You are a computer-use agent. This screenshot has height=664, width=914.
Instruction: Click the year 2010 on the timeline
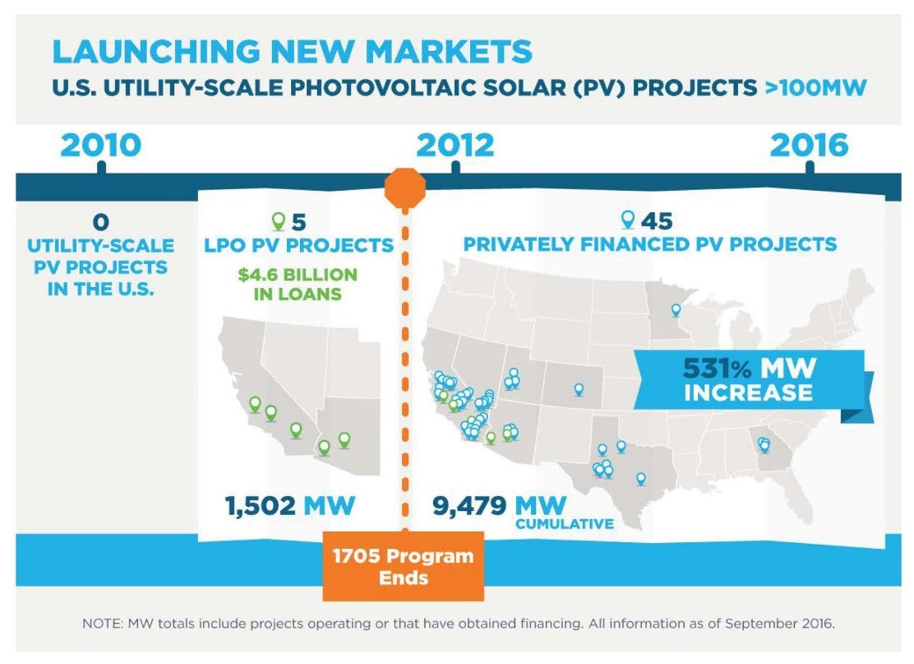coord(100,146)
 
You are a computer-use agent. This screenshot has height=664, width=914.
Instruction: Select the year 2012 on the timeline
coord(455,146)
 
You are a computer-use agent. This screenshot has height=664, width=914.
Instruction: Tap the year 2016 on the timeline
coord(809,146)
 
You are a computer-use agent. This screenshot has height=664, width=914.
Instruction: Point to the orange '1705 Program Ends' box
coord(403,565)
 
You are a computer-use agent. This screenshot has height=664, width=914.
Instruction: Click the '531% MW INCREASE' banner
coord(748,378)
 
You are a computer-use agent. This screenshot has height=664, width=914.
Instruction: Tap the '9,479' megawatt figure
coord(470,505)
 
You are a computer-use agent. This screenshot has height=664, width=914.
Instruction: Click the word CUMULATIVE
coord(564,524)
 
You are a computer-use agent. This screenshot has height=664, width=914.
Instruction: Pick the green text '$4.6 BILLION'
coord(298,275)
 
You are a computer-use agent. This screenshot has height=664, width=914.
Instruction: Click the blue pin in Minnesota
coord(676,310)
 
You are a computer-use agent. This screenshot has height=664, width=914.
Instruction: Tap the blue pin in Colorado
coord(579,388)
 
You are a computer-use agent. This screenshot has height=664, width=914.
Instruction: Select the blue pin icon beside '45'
coord(628,220)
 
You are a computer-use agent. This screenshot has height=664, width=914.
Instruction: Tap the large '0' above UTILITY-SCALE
coord(100,221)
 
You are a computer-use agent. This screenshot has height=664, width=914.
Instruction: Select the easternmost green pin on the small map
coord(344,440)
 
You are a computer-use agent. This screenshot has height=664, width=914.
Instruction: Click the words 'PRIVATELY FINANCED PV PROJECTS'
coord(650,244)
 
